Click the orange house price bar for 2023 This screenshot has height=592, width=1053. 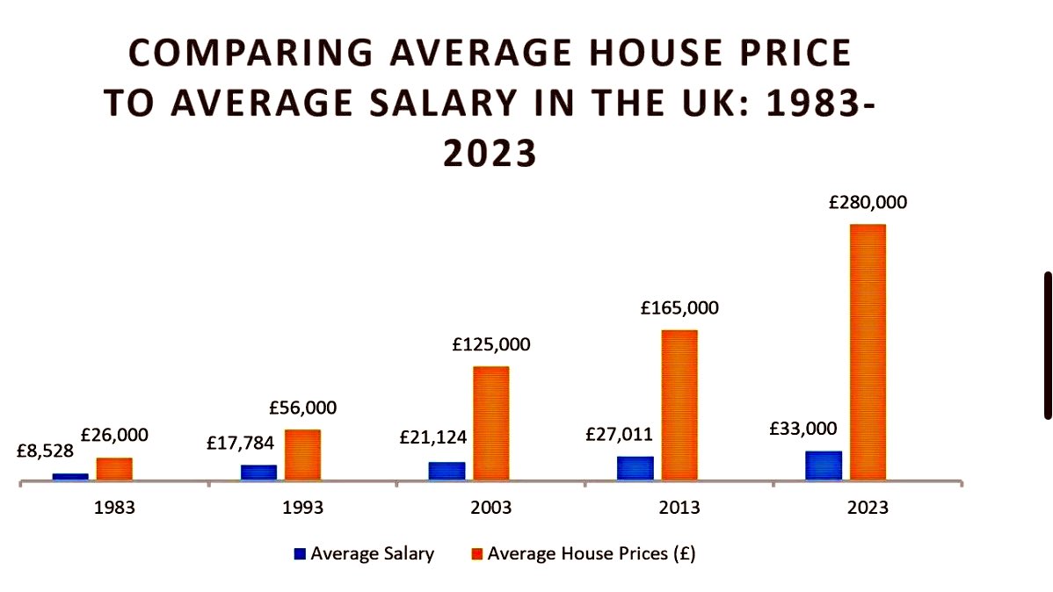click(867, 351)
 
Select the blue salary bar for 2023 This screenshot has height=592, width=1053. click(823, 466)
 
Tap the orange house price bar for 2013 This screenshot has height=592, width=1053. click(679, 404)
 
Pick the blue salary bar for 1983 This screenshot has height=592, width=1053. click(70, 476)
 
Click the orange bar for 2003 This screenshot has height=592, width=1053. click(490, 422)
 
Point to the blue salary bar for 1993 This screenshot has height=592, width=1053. click(258, 472)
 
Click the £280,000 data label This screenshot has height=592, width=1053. click(868, 202)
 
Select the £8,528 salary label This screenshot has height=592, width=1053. click(45, 451)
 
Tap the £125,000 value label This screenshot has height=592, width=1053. click(491, 344)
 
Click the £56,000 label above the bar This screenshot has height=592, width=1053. click(303, 408)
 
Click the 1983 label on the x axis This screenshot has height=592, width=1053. click(114, 508)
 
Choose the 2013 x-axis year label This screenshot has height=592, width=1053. click(679, 508)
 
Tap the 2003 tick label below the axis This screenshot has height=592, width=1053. click(490, 508)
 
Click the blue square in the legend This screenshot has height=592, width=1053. click(301, 554)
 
